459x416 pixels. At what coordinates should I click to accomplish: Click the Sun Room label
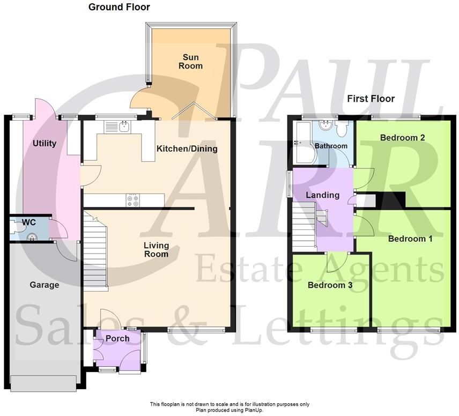point(192,61)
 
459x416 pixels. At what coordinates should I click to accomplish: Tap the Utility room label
point(45,144)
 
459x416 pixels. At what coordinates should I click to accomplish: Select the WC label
point(28,222)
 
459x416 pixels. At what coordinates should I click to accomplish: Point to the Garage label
point(44,285)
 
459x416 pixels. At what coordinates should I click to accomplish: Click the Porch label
point(117,338)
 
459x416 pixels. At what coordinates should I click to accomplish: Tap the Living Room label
point(156,249)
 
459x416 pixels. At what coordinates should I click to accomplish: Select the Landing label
point(322,195)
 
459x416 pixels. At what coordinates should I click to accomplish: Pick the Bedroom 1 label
point(410,239)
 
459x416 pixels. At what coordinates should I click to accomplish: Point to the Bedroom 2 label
point(403,138)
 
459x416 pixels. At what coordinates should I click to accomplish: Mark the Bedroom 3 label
point(330,285)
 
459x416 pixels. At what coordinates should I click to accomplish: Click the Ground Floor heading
point(119,7)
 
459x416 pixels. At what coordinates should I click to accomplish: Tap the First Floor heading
point(371,99)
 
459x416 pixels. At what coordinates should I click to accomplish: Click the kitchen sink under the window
point(124,127)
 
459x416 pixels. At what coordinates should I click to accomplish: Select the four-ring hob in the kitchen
point(132,200)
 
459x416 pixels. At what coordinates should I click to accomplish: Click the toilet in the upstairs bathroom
point(341,130)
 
